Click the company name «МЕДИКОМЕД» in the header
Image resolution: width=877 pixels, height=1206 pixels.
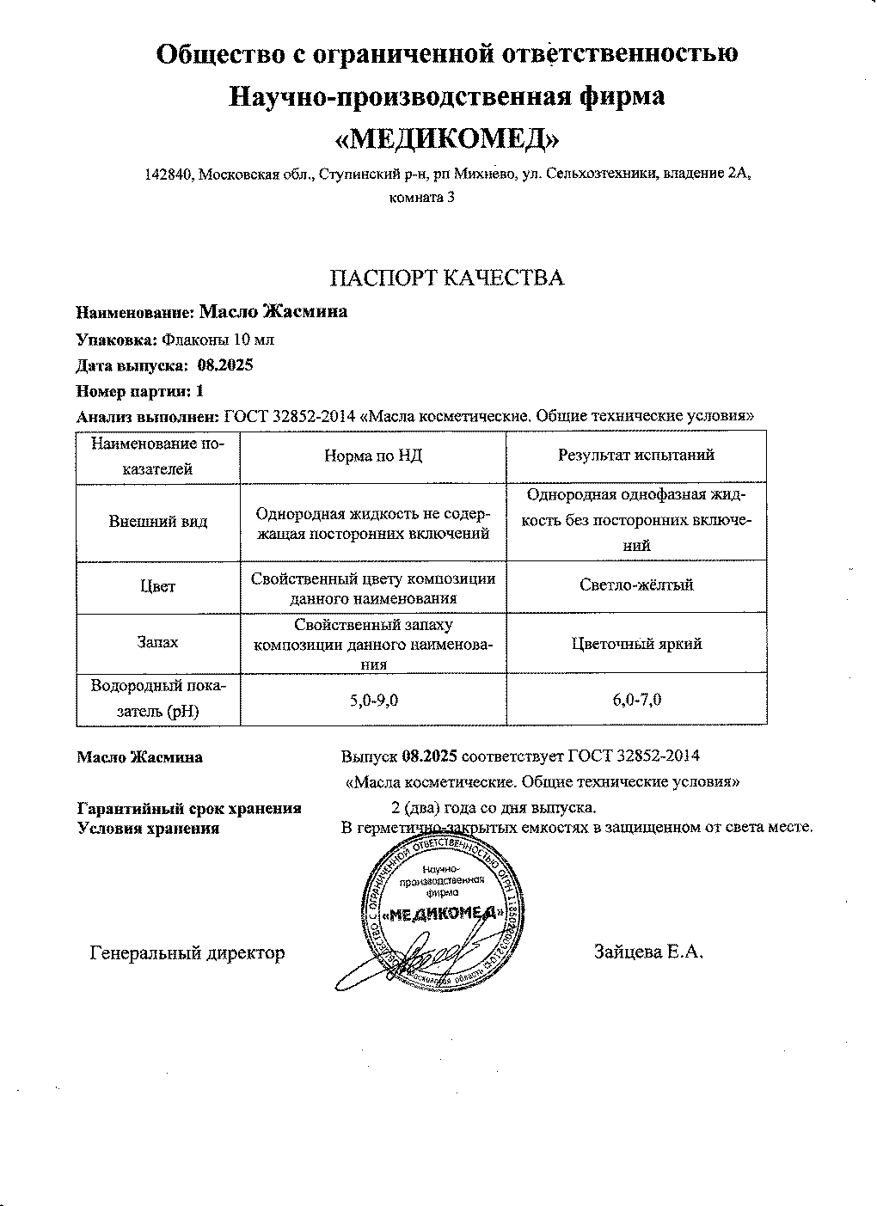(x=446, y=138)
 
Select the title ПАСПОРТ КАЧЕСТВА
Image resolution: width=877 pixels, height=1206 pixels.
(x=447, y=278)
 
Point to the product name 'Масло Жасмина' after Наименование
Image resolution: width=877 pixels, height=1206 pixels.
(x=273, y=311)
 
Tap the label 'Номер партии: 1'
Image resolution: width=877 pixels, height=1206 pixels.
(x=140, y=391)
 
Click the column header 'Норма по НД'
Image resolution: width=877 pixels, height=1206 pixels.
(x=372, y=456)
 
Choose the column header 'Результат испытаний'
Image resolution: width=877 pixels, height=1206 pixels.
(x=636, y=456)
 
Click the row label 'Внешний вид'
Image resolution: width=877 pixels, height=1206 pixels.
(x=158, y=522)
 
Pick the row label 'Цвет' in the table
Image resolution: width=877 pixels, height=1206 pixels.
(x=158, y=587)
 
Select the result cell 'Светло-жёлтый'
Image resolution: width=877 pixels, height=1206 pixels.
(x=636, y=585)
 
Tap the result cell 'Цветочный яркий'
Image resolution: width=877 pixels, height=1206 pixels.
(x=636, y=644)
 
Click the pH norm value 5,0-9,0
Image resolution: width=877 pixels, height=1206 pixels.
(x=373, y=701)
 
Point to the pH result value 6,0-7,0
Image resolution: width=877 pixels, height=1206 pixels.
(x=636, y=701)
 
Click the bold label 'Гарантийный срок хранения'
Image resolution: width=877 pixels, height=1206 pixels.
(x=189, y=808)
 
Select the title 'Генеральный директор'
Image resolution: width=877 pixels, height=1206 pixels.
(x=187, y=952)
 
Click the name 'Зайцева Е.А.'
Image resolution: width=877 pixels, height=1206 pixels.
(x=648, y=952)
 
